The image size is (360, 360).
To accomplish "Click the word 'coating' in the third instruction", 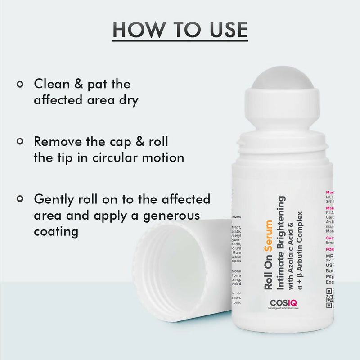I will coord(56,231).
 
